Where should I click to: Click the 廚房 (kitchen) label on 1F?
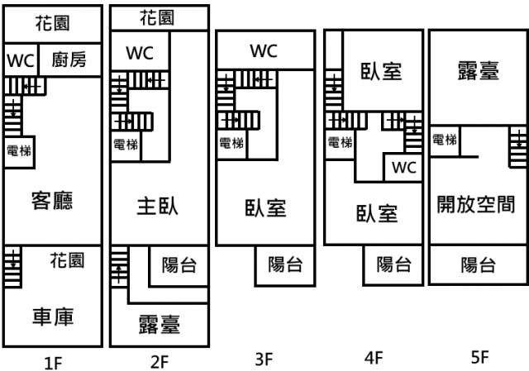[x=69, y=59]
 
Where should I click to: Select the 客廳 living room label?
[x=51, y=201]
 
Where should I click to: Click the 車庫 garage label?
[x=53, y=317]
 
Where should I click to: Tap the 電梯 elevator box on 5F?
[x=445, y=140]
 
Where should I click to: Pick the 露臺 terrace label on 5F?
[x=478, y=71]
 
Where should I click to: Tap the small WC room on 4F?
[x=403, y=168]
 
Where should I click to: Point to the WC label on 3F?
[x=264, y=51]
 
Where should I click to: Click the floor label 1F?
[x=53, y=360]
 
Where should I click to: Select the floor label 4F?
[x=374, y=358]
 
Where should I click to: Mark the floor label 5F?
[x=479, y=358]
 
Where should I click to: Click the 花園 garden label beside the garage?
[x=66, y=261]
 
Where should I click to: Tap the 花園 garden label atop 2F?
[x=157, y=17]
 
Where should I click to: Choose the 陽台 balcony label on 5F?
[x=478, y=264]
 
